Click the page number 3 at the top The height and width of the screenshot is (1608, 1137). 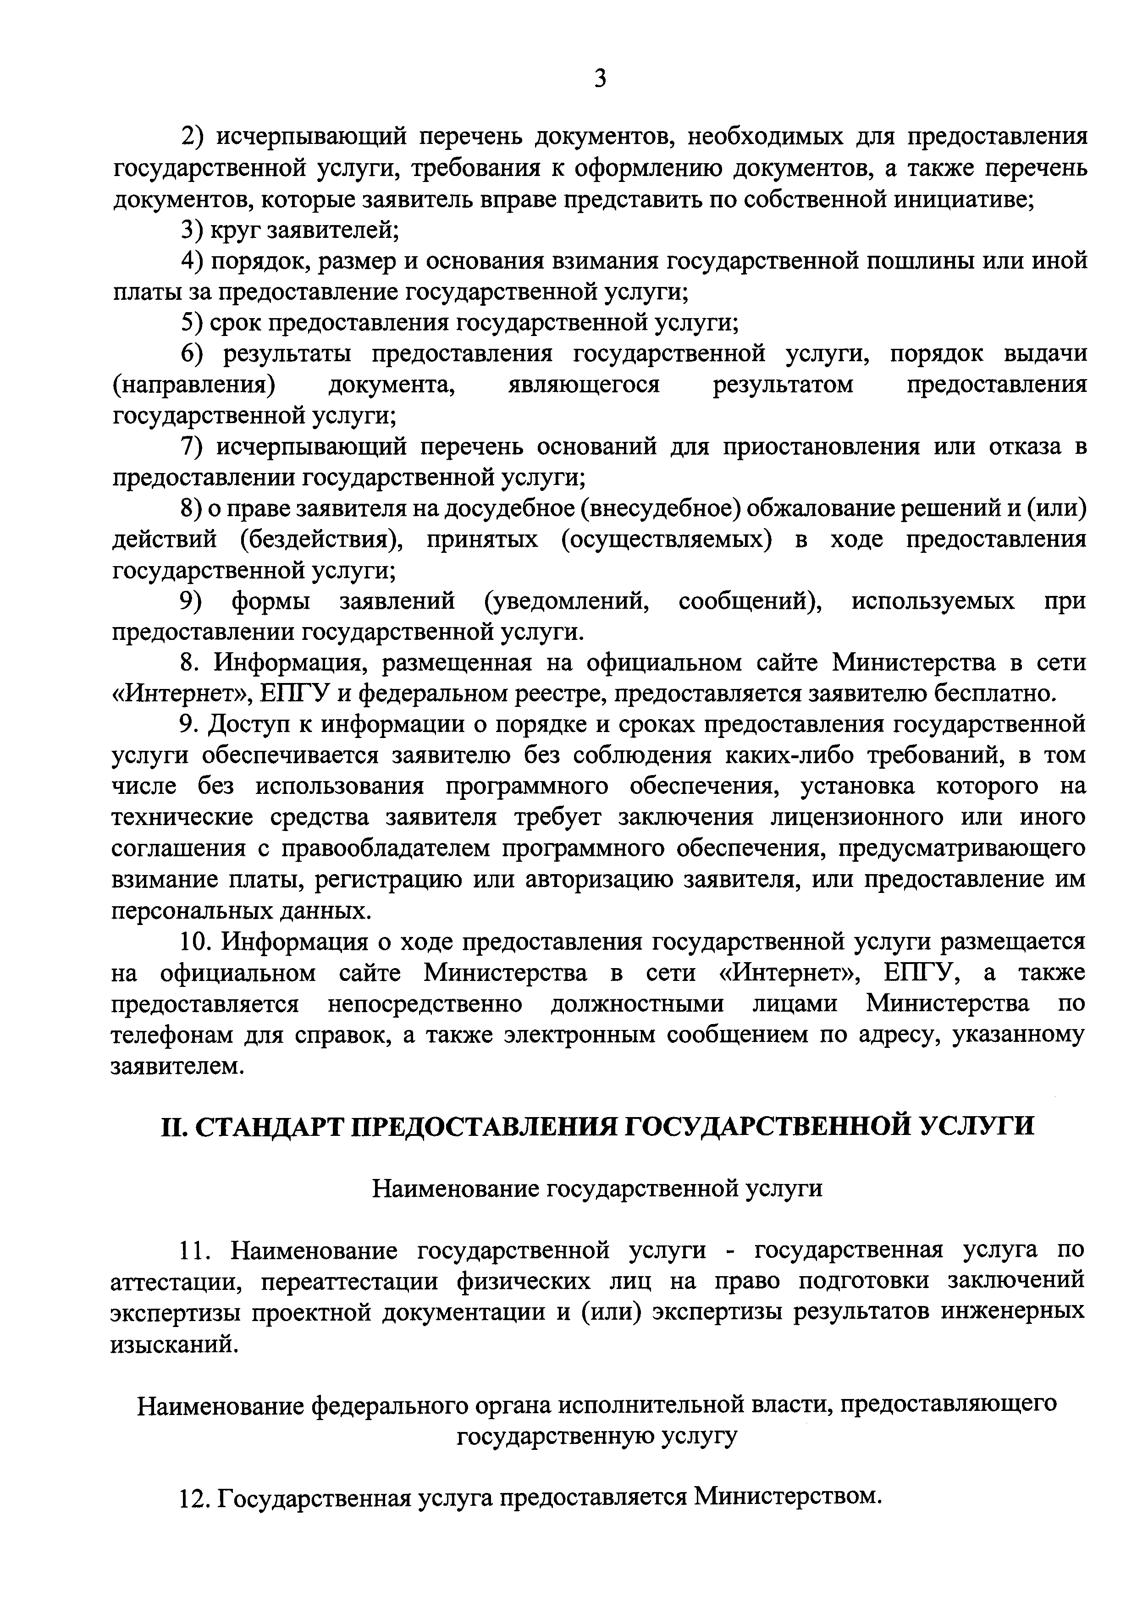pyautogui.click(x=600, y=78)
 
